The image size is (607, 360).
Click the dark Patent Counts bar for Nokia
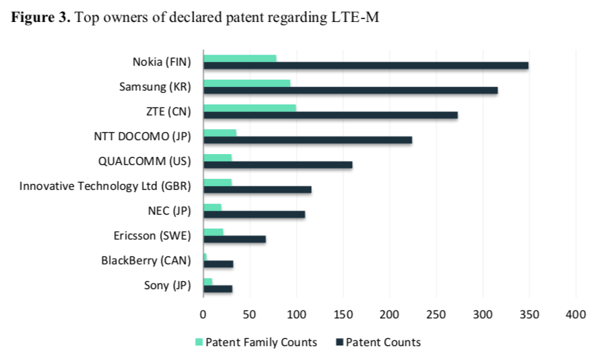click(x=365, y=66)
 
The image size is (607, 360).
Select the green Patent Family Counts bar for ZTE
click(x=249, y=108)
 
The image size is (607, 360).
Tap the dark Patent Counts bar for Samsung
click(x=350, y=91)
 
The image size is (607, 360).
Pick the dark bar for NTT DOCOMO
click(x=308, y=140)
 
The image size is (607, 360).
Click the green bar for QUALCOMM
click(x=218, y=158)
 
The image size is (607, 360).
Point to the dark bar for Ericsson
click(x=234, y=239)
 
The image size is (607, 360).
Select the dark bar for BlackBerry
click(x=218, y=264)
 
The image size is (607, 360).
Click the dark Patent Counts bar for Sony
click(x=218, y=288)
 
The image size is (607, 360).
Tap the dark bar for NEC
click(x=254, y=214)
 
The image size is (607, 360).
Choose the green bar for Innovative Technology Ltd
click(x=218, y=183)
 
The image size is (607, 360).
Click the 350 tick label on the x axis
click(x=529, y=314)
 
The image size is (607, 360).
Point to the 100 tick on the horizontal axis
click(x=296, y=314)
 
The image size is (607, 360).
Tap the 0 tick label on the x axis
click(x=203, y=314)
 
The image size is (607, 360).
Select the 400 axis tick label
click(x=576, y=314)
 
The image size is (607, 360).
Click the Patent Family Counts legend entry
click(x=257, y=342)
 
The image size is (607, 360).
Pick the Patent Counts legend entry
click(x=377, y=342)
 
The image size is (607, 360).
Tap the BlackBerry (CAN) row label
click(x=146, y=260)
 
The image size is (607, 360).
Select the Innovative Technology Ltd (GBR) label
click(x=105, y=185)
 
